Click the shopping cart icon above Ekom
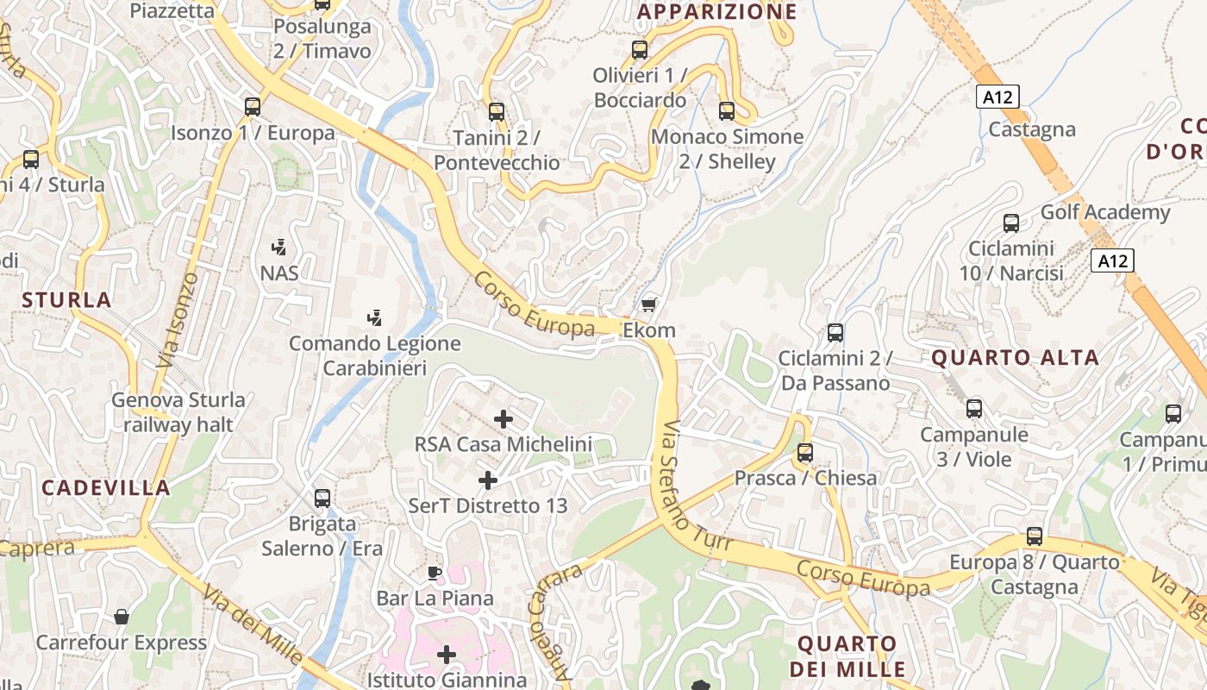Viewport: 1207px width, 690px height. tap(648, 304)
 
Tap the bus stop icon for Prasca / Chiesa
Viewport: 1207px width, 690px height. tap(804, 452)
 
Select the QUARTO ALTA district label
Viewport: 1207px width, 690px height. tap(1015, 357)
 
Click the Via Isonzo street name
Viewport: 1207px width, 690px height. tap(179, 321)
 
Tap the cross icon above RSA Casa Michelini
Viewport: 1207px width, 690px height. tap(503, 419)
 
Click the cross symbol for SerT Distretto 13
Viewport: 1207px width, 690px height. tap(488, 480)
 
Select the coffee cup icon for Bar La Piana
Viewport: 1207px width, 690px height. tap(435, 573)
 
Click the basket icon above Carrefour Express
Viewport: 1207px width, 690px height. tap(122, 617)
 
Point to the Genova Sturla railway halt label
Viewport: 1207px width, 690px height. tap(178, 412)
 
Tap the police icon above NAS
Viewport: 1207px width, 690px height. tap(278, 248)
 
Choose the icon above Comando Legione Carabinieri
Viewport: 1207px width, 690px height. tap(374, 317)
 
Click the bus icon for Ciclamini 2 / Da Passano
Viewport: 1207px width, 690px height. tap(835, 332)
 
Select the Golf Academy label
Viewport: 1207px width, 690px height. tap(1105, 212)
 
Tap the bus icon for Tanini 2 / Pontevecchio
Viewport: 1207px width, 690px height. tap(496, 111)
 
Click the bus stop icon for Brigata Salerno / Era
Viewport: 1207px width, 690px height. tap(322, 498)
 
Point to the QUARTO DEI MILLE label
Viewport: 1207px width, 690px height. tap(847, 655)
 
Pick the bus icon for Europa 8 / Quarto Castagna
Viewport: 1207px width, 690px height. tap(1035, 536)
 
